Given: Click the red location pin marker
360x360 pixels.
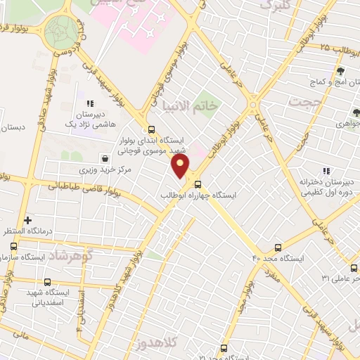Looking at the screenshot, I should pyautogui.click(x=181, y=166).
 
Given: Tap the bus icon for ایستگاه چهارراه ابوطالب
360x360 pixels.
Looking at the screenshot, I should pyautogui.click(x=198, y=184).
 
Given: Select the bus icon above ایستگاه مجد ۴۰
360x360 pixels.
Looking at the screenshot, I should pyautogui.click(x=278, y=247).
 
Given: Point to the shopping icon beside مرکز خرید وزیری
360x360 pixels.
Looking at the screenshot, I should pyautogui.click(x=105, y=158).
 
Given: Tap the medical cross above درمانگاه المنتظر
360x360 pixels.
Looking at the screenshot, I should pyautogui.click(x=28, y=220).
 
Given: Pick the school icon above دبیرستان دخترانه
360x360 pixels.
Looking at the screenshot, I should pyautogui.click(x=325, y=171).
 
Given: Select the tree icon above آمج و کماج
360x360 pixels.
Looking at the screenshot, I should pyautogui.click(x=341, y=71).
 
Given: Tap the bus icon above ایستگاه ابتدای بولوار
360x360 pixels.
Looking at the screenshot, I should pyautogui.click(x=151, y=129).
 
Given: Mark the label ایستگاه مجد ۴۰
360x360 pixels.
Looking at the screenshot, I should pyautogui.click(x=279, y=259).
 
